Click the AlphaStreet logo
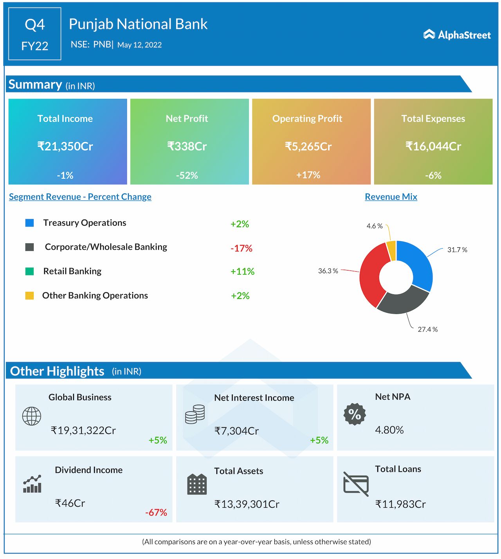(457, 35)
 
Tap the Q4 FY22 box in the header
(35, 34)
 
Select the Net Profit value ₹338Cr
(187, 146)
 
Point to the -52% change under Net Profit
(187, 175)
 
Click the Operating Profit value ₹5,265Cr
(308, 146)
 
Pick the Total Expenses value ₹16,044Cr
(433, 146)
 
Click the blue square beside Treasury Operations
(29, 223)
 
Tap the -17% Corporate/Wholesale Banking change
(241, 248)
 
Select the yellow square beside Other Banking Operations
(29, 296)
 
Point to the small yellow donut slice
(391, 251)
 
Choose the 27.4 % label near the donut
(427, 330)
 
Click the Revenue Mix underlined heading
(391, 197)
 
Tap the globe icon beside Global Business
(32, 416)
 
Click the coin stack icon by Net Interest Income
(195, 415)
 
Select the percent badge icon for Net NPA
(355, 414)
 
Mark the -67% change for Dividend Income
(156, 512)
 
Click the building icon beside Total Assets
(197, 484)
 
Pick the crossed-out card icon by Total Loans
(356, 484)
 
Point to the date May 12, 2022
(139, 45)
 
